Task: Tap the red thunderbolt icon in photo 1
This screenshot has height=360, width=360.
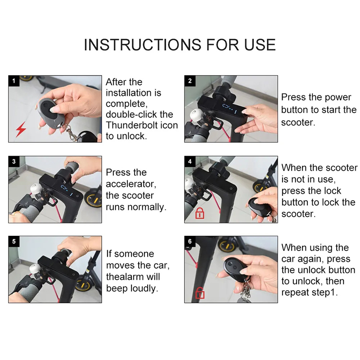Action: point(21,130)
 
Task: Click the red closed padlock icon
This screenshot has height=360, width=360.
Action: point(200,213)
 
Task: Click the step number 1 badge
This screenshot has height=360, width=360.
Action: point(14,81)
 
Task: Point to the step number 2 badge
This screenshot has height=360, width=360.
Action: point(190,81)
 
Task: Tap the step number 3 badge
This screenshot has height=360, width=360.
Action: point(14,162)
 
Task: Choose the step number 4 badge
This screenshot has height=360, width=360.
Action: point(190,162)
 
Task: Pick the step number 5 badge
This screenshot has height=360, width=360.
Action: point(14,241)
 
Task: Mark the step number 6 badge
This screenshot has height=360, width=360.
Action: point(190,241)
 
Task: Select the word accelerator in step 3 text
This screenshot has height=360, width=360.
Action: point(131,184)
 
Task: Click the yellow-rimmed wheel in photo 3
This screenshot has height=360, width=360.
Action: point(93,199)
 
